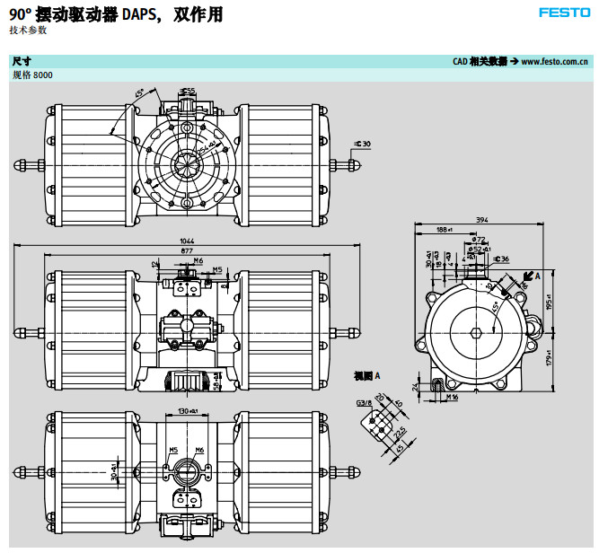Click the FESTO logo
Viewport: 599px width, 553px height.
click(564, 13)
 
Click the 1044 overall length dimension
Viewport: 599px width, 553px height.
click(188, 241)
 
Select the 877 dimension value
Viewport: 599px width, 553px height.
click(188, 251)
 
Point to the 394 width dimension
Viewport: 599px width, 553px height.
click(481, 220)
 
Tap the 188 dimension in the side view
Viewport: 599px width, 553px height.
click(444, 230)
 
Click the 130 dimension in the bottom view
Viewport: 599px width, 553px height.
click(187, 410)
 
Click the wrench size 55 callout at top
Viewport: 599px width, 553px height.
click(189, 91)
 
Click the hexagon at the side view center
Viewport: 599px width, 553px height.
click(474, 330)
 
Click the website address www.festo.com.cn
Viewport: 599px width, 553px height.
click(554, 61)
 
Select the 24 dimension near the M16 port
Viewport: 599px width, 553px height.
click(415, 386)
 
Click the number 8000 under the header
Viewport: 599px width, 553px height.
click(42, 75)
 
